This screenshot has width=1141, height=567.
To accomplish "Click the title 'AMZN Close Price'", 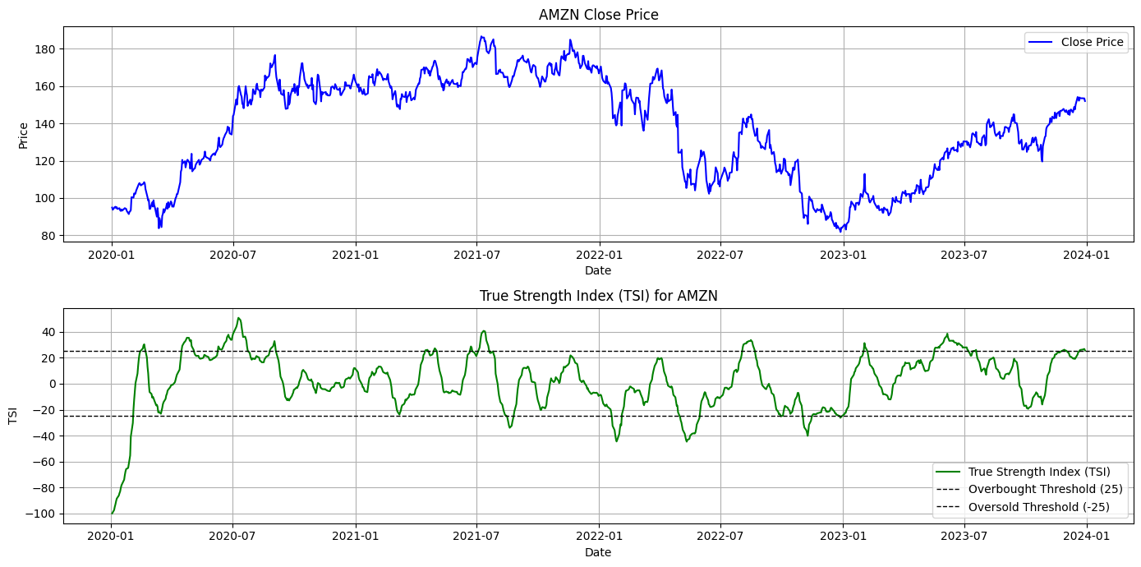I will pos(598,15).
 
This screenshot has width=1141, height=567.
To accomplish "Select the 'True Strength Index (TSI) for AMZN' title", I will pos(598,296).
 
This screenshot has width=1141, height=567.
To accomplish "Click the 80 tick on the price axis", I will pos(48,236).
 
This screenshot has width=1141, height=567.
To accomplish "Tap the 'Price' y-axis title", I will pos(23,135).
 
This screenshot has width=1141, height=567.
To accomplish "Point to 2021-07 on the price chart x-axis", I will pos(477,256).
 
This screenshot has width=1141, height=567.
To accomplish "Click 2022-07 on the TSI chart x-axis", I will pos(720,537).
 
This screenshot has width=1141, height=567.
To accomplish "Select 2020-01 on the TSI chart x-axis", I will pos(112,537).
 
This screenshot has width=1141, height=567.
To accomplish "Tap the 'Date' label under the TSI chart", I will pos(598,553).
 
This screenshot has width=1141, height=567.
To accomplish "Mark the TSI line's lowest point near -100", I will pos(113,514).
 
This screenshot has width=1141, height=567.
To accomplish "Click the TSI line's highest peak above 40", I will pos(238,318).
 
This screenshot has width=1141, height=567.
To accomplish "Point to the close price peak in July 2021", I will pos(482,36).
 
